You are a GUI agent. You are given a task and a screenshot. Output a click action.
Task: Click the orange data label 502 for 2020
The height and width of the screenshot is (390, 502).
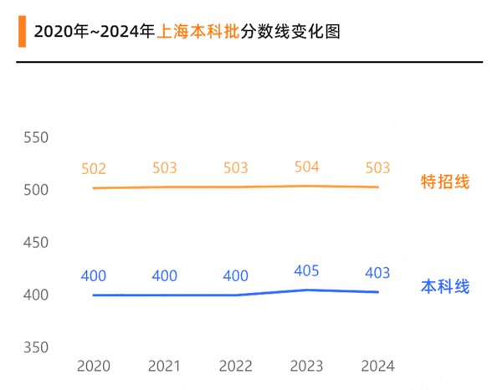coord(94,169)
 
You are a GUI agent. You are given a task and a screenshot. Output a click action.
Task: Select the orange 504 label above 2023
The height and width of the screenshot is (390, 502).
coord(307,167)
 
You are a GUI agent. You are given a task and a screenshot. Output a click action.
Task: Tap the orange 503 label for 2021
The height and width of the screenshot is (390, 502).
coord(165,168)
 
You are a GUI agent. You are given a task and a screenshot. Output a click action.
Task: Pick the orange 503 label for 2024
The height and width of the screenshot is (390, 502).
coord(378,168)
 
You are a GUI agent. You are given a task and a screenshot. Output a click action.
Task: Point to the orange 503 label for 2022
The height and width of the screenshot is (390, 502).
coord(236,168)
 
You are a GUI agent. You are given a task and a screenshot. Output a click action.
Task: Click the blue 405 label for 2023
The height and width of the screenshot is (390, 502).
coord(307,270)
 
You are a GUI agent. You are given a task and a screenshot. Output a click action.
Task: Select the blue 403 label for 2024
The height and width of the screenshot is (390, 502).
coord(378,273)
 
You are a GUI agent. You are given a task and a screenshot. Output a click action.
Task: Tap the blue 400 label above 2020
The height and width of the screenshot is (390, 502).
coord(94,275)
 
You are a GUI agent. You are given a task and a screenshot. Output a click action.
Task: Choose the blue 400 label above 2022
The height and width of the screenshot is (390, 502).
coord(236,275)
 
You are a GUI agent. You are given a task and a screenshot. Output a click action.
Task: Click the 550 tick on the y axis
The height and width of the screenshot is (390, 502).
coord(36,138)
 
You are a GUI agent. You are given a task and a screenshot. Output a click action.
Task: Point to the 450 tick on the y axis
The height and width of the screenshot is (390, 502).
coord(36,243)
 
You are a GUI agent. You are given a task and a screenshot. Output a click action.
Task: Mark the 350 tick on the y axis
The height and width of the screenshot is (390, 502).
coord(36,347)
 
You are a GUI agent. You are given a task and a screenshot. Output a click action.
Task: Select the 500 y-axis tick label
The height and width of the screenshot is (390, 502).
coord(36,190)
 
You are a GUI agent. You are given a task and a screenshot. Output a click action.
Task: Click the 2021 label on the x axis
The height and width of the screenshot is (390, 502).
coord(165,366)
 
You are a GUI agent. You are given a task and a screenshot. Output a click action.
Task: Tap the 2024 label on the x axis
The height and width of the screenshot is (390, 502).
coord(378,366)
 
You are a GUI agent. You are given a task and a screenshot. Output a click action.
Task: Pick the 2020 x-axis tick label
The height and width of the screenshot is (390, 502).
coord(94,366)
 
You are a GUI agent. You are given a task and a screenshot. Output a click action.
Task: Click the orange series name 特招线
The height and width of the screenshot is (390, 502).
coord(445,182)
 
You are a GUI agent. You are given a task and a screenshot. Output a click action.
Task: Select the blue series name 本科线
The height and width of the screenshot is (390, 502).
coord(445,287)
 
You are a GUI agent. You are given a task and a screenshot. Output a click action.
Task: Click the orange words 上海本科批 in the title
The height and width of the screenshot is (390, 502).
coord(197,32)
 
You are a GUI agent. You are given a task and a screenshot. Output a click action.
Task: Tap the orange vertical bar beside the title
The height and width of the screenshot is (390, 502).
coord(21,32)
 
